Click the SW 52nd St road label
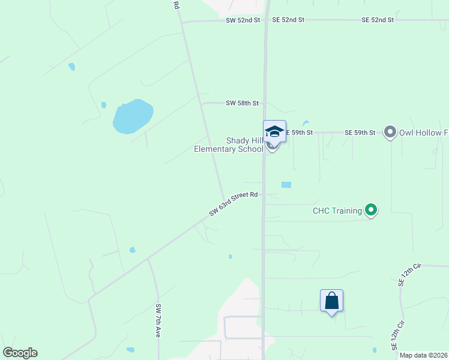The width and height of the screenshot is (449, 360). pyautogui.click(x=243, y=20)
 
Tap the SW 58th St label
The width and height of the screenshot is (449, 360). pyautogui.click(x=242, y=103)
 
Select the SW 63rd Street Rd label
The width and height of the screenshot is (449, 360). pyautogui.click(x=234, y=203)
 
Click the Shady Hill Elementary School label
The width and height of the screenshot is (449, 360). pyautogui.click(x=229, y=145)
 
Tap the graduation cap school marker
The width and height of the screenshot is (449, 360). pyautogui.click(x=274, y=131)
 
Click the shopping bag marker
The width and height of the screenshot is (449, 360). pyautogui.click(x=331, y=301)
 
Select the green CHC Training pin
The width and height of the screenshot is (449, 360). pyautogui.click(x=371, y=210)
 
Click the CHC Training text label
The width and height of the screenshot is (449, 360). pyautogui.click(x=337, y=211)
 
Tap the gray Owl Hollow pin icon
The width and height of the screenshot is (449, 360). pyautogui.click(x=390, y=132)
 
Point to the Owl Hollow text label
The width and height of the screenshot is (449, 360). pyautogui.click(x=424, y=132)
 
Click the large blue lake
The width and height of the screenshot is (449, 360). pyautogui.click(x=133, y=116)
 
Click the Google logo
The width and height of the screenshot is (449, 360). pyautogui.click(x=20, y=353)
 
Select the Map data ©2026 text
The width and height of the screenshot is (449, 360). pyautogui.click(x=423, y=355)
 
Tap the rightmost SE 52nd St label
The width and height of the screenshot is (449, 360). pyautogui.click(x=378, y=20)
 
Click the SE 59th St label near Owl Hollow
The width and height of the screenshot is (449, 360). pyautogui.click(x=360, y=132)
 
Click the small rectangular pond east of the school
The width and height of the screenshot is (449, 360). pyautogui.click(x=286, y=185)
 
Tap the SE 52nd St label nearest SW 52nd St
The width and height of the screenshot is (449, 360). pyautogui.click(x=288, y=20)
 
